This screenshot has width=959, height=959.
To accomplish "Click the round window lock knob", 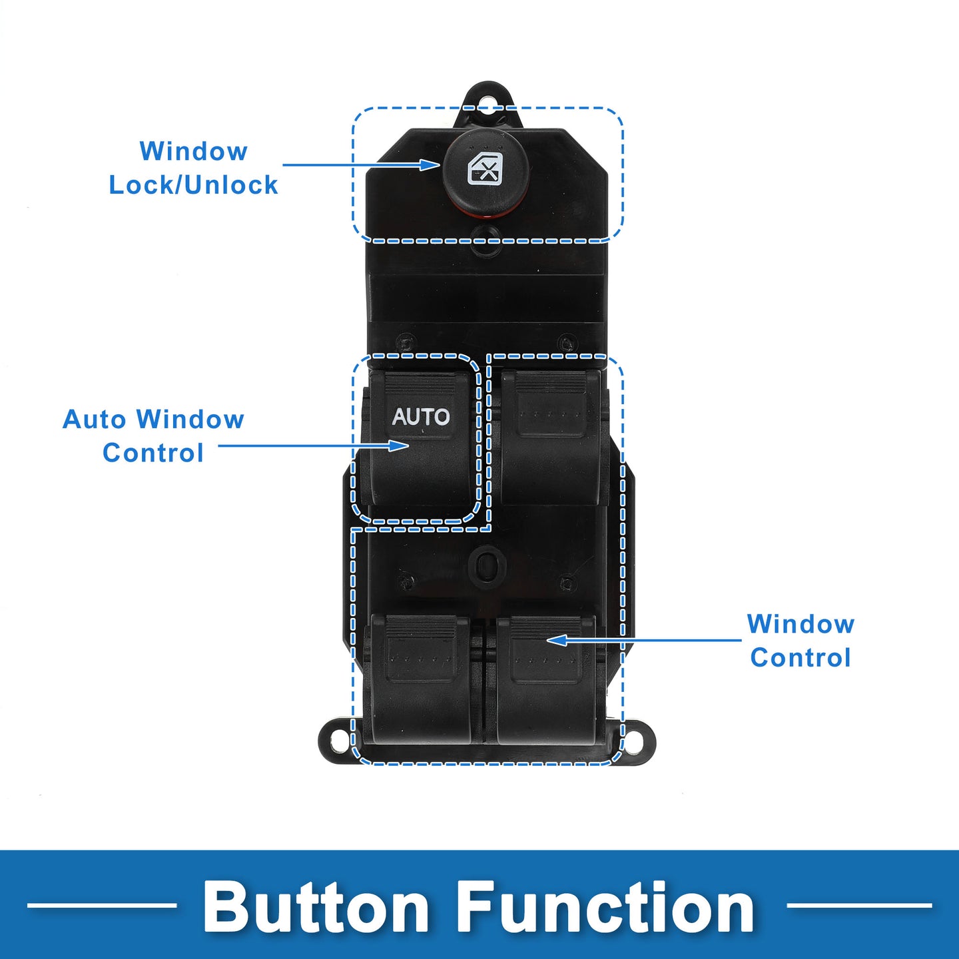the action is click(x=485, y=172).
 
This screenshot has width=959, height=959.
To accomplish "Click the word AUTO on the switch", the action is click(x=421, y=417).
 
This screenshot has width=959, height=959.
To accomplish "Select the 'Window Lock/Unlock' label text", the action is click(x=193, y=168).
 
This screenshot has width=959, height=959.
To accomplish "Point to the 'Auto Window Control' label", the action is click(x=153, y=436).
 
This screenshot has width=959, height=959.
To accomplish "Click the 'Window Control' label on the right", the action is click(x=800, y=641).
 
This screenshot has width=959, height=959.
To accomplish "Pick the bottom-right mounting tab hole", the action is click(x=633, y=743).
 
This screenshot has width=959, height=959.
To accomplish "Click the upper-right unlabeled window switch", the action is click(x=550, y=438).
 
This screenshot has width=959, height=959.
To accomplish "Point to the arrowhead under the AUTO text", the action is click(x=399, y=445).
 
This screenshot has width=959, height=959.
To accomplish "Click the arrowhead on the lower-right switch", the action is click(x=557, y=641).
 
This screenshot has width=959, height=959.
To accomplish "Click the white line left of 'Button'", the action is click(x=102, y=905).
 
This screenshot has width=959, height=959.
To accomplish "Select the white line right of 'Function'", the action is click(x=860, y=905).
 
